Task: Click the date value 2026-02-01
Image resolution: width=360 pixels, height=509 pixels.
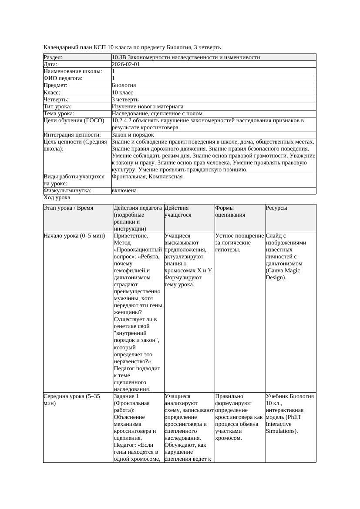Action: click(126, 64)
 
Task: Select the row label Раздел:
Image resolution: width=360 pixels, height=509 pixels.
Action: click(53, 57)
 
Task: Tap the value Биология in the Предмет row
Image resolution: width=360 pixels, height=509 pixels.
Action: click(124, 85)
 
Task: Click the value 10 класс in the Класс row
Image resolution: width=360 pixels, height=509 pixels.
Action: click(123, 92)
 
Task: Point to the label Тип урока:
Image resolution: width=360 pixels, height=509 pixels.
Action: click(57, 106)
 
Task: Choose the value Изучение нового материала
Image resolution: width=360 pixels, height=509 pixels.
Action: click(148, 106)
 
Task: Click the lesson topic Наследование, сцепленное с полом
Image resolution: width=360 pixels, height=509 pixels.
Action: click(157, 113)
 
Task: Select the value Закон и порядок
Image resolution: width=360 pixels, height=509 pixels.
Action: click(133, 135)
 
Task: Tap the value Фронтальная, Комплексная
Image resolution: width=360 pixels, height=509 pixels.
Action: click(147, 177)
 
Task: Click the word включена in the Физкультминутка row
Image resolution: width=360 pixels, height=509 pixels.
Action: click(124, 191)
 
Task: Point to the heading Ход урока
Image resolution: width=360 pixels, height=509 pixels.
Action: click(57, 198)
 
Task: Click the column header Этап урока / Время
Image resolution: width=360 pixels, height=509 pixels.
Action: click(68, 208)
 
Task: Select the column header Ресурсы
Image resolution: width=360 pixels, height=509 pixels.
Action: click(276, 208)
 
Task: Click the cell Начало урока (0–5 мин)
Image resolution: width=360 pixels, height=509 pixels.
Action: click(74, 236)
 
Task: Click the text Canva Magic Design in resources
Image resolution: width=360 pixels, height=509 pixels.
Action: click(283, 274)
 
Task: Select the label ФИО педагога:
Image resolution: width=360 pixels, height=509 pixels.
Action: click(63, 78)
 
